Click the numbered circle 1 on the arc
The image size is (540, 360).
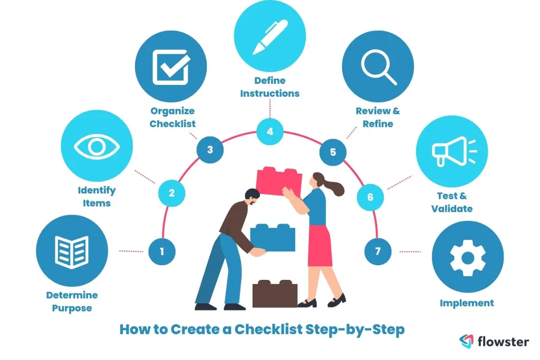pyautogui.click(x=161, y=251)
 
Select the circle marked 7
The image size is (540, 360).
pyautogui.click(x=378, y=251)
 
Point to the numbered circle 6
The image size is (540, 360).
pyautogui.click(x=370, y=197)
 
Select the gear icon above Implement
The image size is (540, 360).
pyautogui.click(x=467, y=257)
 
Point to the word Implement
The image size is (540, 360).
pyautogui.click(x=467, y=303)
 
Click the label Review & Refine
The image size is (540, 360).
pyautogui.click(x=378, y=118)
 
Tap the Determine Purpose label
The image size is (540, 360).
pyautogui.click(x=72, y=301)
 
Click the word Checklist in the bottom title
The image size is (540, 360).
pyautogui.click(x=268, y=330)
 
